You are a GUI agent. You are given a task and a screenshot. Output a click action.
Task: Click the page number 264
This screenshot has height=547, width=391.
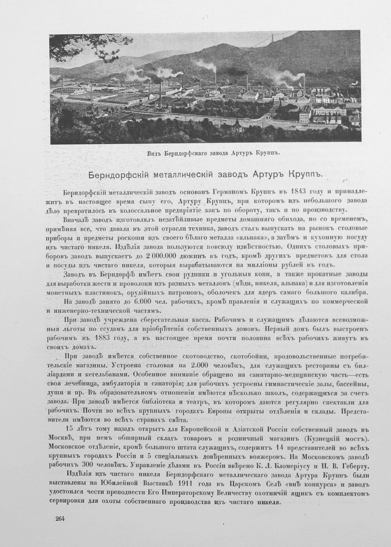point(60,519)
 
